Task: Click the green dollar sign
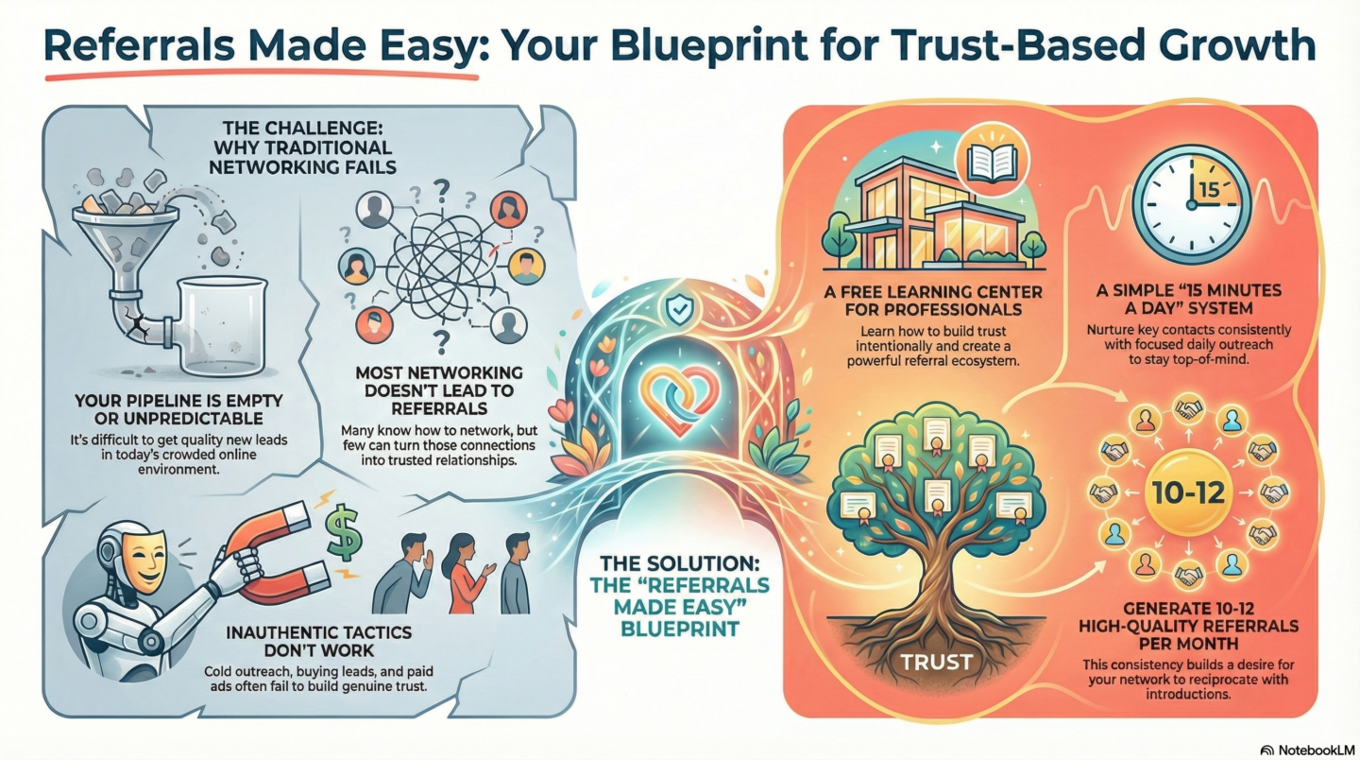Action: pos(344,533)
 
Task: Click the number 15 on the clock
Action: pos(1209,190)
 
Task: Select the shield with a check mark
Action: pos(679,310)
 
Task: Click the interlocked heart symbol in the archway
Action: pos(680,401)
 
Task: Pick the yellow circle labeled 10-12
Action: pos(1188,492)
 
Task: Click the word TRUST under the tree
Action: pos(936,662)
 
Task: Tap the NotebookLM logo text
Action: pos(1317,751)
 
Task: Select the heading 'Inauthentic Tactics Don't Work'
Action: pos(319,641)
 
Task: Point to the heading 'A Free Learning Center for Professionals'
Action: pos(932,300)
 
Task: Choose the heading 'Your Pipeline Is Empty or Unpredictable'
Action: pos(178,409)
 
